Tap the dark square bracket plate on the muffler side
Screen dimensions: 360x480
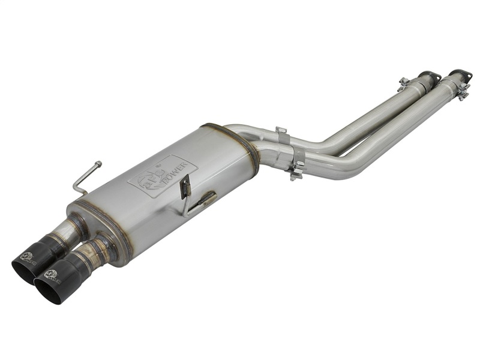[x=186, y=187]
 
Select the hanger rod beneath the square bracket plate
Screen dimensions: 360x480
[x=201, y=201]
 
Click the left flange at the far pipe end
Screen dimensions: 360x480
[x=429, y=76]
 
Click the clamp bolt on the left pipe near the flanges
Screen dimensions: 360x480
[x=404, y=82]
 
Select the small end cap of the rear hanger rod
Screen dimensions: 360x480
[x=99, y=163]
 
